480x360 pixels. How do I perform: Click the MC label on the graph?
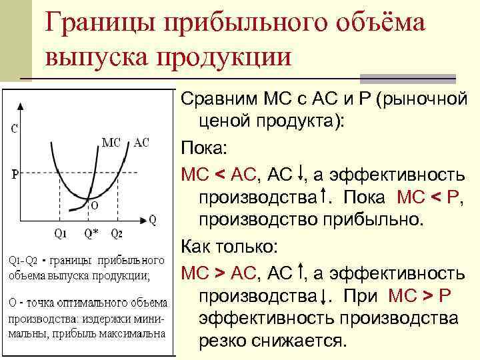click(111, 142)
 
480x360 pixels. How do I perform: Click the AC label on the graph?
click(141, 142)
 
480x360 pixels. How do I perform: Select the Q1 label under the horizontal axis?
click(59, 233)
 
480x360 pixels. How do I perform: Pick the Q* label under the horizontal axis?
click(91, 233)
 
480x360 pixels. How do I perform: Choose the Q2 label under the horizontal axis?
click(116, 233)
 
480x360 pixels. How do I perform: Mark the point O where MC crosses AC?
click(87, 202)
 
